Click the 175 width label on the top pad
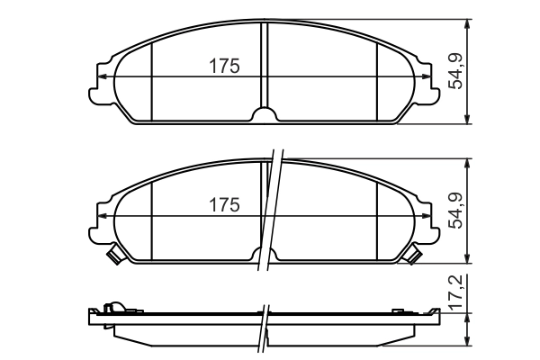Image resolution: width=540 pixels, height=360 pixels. click(x=223, y=66)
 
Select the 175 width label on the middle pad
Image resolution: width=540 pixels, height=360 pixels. click(x=223, y=204)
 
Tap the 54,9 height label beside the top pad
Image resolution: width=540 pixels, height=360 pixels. click(x=456, y=71)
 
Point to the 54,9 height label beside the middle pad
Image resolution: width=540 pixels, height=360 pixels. click(x=456, y=210)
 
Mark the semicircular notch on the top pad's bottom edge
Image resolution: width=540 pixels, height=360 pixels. click(x=265, y=115)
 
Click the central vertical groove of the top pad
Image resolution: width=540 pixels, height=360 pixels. click(x=265, y=63)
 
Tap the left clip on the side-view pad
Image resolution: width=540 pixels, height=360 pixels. click(x=112, y=309)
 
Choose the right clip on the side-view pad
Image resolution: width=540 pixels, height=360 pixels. click(x=399, y=310)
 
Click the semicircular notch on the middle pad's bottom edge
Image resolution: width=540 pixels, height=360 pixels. click(x=265, y=255)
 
